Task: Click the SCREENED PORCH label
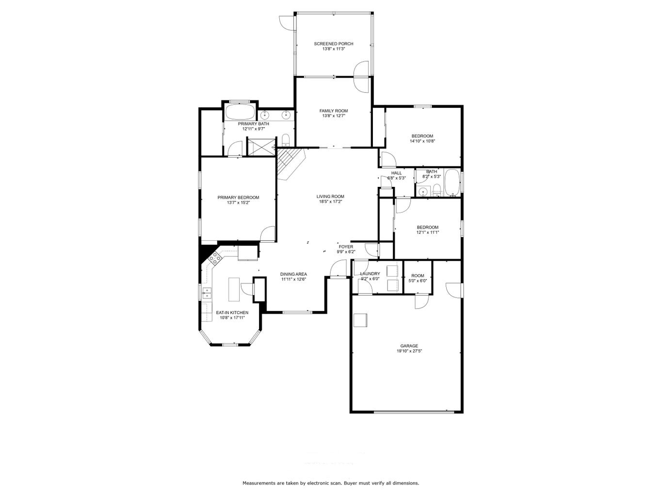(x=333, y=44)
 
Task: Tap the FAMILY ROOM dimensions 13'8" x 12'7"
(x=333, y=116)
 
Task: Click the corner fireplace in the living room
(x=289, y=164)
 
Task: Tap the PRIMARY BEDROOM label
(x=238, y=198)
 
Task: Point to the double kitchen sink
(x=207, y=293)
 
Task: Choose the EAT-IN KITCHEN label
(x=232, y=313)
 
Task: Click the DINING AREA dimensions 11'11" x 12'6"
(x=293, y=279)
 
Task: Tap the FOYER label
(x=346, y=247)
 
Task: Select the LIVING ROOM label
(x=330, y=197)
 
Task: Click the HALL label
(x=396, y=173)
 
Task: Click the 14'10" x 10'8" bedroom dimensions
(x=422, y=141)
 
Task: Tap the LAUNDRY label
(x=370, y=274)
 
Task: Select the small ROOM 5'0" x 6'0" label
(x=418, y=276)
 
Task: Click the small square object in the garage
(x=360, y=320)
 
